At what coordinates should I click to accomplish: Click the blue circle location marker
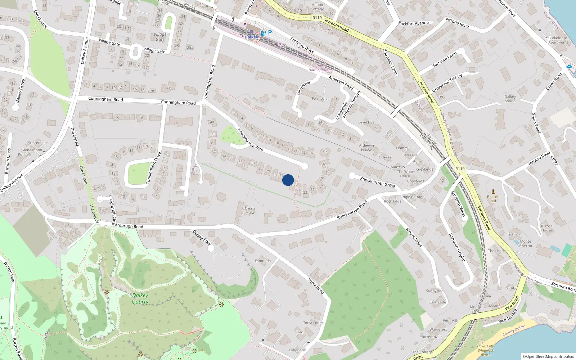(x=288, y=180)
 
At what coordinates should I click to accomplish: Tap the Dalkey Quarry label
(x=140, y=298)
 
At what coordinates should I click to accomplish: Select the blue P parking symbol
(x=270, y=32)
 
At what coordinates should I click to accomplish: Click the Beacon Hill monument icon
(x=493, y=192)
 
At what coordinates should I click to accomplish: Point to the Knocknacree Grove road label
(x=378, y=182)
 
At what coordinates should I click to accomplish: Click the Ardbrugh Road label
(x=129, y=226)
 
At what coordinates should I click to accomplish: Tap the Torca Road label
(x=316, y=286)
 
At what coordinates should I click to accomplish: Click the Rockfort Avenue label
(x=414, y=23)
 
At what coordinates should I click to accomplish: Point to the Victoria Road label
(x=457, y=23)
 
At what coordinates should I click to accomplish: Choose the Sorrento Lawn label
(x=444, y=59)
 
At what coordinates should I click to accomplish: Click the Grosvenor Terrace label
(x=447, y=83)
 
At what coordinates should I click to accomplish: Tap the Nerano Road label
(x=539, y=158)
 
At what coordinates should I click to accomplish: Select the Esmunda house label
(x=263, y=261)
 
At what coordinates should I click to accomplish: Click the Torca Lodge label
(x=313, y=323)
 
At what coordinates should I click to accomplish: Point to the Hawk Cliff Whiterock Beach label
(x=486, y=350)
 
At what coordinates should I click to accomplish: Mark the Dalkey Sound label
(x=510, y=99)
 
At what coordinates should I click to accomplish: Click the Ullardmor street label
(x=303, y=88)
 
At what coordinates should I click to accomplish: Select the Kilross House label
(x=546, y=228)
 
